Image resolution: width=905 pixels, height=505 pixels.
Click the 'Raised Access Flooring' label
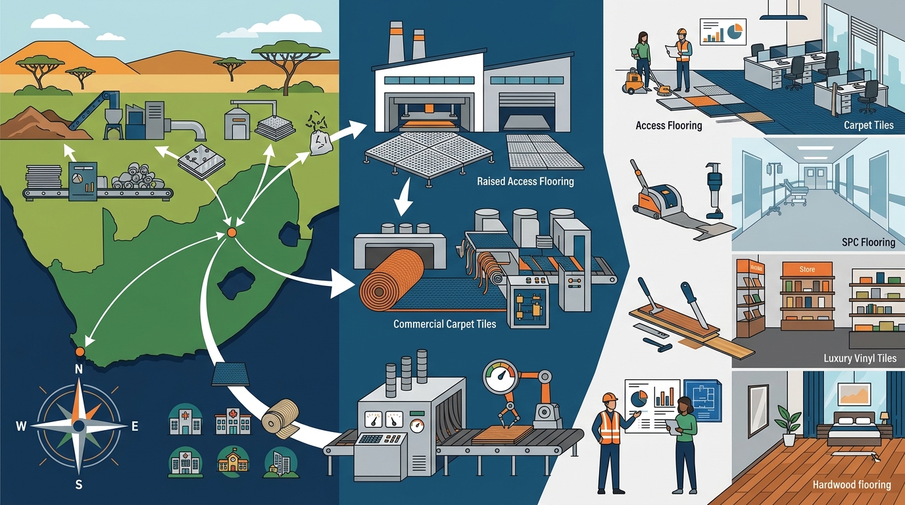[x=526, y=181]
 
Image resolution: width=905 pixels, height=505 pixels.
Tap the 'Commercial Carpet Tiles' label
[x=445, y=324]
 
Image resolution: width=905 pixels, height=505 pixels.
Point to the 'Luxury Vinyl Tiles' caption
[x=860, y=358]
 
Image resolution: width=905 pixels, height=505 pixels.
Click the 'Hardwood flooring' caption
[x=852, y=485]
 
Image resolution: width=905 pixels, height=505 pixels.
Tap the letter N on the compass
[x=79, y=369]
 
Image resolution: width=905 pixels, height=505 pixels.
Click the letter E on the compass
[x=135, y=426]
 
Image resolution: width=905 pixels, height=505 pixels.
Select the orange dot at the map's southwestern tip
[x=80, y=352]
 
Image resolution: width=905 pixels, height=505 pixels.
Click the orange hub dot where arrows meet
[x=232, y=232]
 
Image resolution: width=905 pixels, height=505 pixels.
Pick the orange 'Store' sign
[x=807, y=269]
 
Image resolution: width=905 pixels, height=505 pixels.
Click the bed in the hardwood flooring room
[x=853, y=428]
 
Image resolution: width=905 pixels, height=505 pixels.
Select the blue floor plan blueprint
[x=703, y=400]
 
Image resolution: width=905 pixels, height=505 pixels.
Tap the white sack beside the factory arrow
[x=321, y=142]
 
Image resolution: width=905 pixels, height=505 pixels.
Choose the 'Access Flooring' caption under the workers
[x=669, y=126]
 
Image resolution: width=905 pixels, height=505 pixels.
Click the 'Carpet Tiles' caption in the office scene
[x=869, y=125]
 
